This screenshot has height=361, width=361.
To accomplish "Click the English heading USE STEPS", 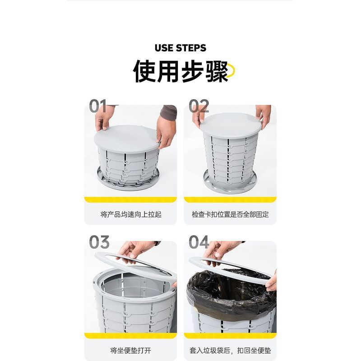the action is point(180,48).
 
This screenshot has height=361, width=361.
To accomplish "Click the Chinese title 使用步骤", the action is point(181,71).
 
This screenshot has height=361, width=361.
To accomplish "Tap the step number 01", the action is point(98,106).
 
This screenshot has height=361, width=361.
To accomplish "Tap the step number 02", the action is point(199,106).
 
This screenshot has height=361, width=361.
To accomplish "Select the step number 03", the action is point(99,242).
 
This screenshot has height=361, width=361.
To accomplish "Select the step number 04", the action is point(199,242).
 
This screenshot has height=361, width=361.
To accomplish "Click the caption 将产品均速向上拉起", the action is point(131,214).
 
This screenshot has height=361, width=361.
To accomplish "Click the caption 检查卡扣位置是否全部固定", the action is point(230,214).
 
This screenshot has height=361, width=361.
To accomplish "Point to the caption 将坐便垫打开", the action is point(130,351).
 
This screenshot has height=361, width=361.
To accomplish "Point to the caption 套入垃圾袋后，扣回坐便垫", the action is point(230,351).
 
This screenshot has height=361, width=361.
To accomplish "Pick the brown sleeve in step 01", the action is point(169,111).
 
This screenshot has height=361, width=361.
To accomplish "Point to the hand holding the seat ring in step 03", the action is point(134,251).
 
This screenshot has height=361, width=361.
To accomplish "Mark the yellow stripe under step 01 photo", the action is point(130,199).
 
